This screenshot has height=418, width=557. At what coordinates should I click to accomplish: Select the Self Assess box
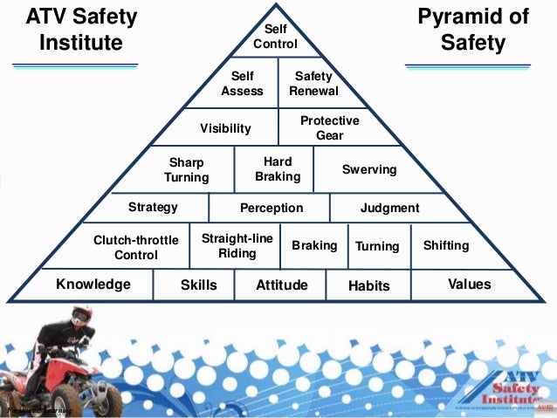click(x=242, y=83)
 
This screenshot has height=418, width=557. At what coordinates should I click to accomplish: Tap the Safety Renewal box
click(x=313, y=83)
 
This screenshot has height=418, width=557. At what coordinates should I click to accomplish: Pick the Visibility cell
click(x=225, y=128)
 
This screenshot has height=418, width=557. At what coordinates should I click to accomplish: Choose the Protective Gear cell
click(x=329, y=127)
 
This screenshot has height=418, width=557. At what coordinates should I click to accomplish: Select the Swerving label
click(x=368, y=169)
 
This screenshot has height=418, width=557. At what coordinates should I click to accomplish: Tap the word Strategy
click(x=153, y=207)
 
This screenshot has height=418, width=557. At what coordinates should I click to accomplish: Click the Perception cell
click(x=272, y=208)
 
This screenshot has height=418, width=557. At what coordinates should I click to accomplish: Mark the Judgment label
click(x=389, y=208)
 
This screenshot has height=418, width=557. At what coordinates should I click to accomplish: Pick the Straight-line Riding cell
click(x=237, y=245)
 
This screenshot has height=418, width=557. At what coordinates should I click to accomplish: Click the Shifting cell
click(x=445, y=245)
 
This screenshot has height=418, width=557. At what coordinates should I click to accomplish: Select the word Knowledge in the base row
click(x=93, y=284)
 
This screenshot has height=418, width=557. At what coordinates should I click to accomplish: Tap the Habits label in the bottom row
click(x=368, y=285)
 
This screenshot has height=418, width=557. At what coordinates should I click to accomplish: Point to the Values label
click(x=469, y=284)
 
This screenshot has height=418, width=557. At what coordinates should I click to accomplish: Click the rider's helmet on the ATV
click(x=81, y=315)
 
